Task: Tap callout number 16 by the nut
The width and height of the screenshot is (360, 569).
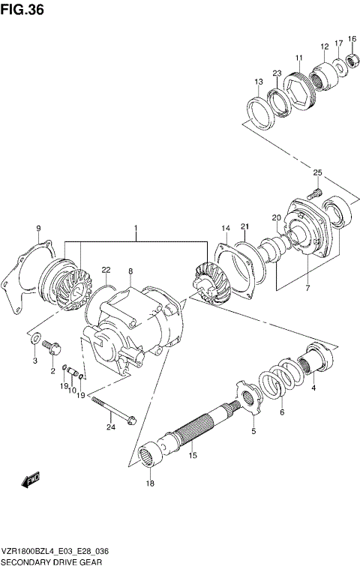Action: [x=352, y=38]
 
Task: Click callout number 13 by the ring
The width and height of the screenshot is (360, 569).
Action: [x=258, y=82]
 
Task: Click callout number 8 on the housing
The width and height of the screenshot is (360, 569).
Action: [x=130, y=271]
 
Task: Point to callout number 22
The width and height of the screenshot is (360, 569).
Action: [x=106, y=270]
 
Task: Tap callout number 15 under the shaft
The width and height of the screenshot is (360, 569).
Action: [x=192, y=455]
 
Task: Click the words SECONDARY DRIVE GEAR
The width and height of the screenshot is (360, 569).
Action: [x=52, y=561]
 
